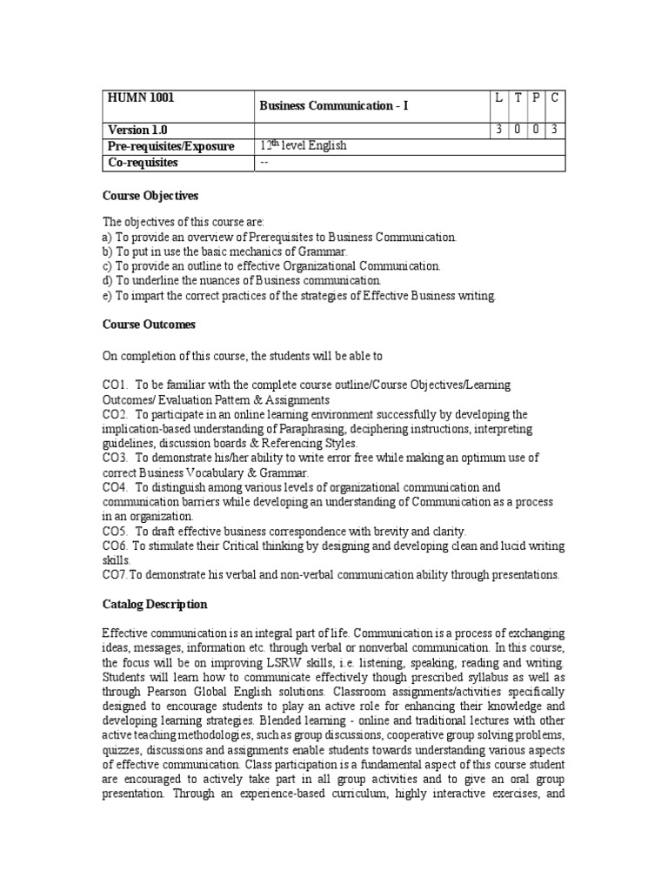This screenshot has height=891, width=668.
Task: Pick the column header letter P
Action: [535, 97]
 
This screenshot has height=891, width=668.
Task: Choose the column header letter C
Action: [554, 97]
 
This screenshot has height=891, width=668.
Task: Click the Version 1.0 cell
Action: [137, 130]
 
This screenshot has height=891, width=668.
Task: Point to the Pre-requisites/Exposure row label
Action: [170, 146]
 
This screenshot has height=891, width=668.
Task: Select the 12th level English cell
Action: [303, 145]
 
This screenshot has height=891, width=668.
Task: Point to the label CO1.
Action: [115, 385]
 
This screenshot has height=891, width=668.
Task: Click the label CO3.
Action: [115, 458]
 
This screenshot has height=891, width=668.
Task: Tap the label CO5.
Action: [115, 531]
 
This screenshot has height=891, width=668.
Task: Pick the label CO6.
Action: [115, 546]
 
